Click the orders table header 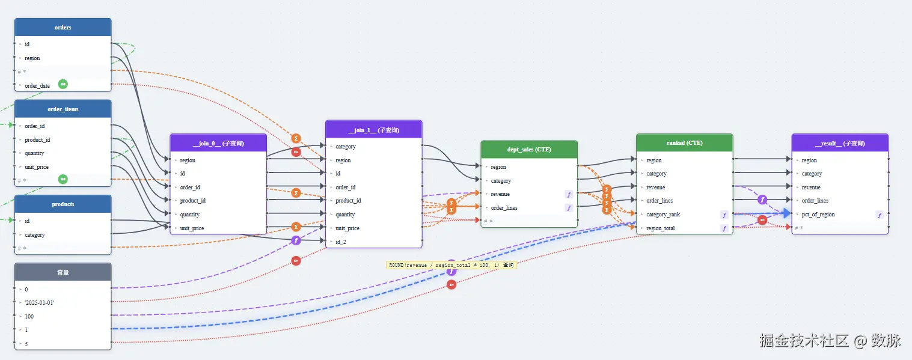pos(63,27)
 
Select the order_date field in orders pos(37,85)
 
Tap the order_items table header pos(63,109)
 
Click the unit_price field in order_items pos(37,167)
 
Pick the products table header pos(63,204)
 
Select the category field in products pos(35,235)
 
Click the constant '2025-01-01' pos(40,302)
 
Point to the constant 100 pos(29,316)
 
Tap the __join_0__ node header pos(218,143)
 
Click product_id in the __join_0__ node pos(193,201)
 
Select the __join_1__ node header pos(374,130)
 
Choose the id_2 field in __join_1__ pos(341,242)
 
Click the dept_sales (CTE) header pos(529,150)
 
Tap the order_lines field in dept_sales pos(504,208)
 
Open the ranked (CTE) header pos(684,143)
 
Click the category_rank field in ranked pos(663,215)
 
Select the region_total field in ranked pos(660,228)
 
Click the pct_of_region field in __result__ pos(818,215)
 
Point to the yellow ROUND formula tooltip pos(451,265)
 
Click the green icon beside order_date pos(63,84)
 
